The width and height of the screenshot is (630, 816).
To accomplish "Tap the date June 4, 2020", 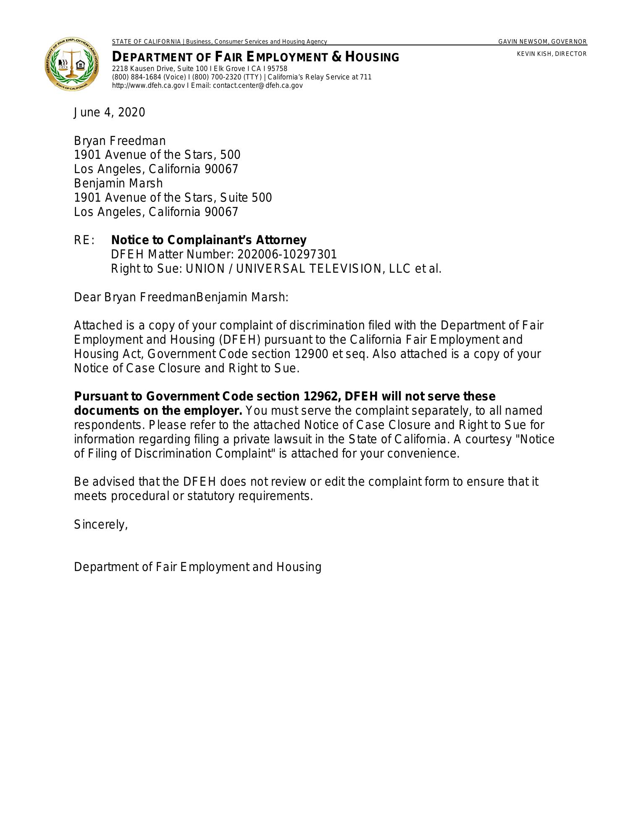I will coord(109,113).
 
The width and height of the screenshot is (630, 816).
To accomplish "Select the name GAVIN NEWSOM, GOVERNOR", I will coord(542,42).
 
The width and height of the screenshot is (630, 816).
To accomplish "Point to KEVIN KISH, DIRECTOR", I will coord(551,54).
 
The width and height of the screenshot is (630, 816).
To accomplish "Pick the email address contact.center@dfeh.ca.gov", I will coord(257,85).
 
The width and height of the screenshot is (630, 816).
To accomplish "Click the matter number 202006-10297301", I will coord(287,254).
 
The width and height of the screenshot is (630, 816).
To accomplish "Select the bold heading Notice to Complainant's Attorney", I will coord(209,240).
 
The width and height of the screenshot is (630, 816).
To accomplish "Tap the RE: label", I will coord(84,240).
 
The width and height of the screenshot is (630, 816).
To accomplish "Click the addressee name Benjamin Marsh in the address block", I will coord(118,183).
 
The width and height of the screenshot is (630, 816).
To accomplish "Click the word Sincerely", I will coord(100,524).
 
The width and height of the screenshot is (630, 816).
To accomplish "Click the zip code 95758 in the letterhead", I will coord(278,69).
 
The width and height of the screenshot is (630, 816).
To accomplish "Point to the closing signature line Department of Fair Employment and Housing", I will coord(197,567).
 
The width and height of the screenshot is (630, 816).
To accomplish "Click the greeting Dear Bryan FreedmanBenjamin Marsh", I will coord(181,297).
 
